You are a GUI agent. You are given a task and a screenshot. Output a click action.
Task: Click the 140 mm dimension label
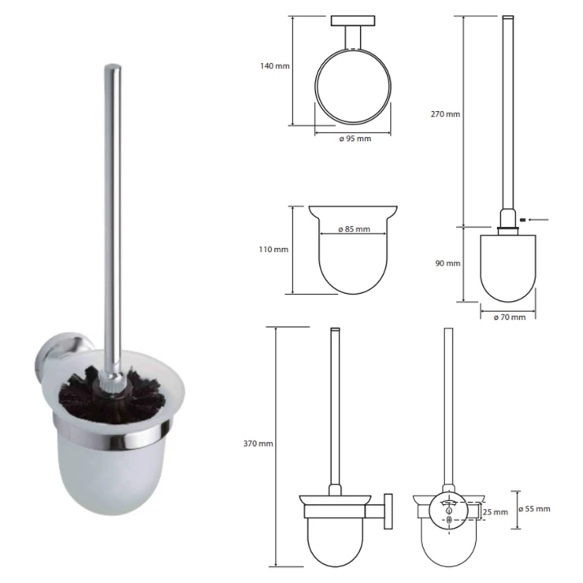[274, 66]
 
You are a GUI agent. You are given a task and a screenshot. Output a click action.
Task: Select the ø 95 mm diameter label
[355, 139]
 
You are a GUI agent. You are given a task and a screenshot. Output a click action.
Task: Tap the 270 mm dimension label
[445, 114]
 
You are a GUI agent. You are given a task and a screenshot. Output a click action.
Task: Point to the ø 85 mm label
[354, 229]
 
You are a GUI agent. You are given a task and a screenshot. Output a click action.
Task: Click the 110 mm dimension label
[273, 250]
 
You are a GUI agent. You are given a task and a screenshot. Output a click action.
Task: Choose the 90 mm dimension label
[447, 264]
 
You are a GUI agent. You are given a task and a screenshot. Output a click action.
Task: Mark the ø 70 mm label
[510, 317]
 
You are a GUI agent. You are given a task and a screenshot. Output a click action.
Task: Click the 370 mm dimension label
[258, 444]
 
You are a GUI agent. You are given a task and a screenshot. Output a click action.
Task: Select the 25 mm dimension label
[496, 512]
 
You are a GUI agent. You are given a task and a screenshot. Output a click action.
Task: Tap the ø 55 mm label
[534, 509]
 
